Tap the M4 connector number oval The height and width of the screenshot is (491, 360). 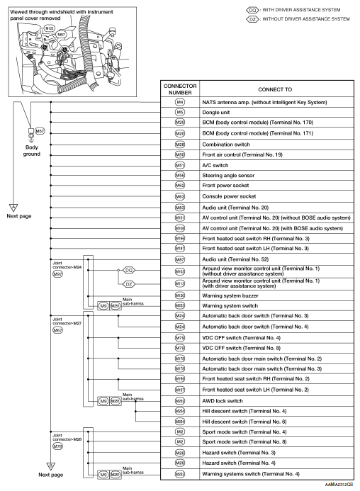coord(179,102)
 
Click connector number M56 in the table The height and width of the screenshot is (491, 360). coord(179,174)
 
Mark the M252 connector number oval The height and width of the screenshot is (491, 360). coord(179,400)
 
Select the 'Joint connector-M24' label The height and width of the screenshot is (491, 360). coord(65,265)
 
